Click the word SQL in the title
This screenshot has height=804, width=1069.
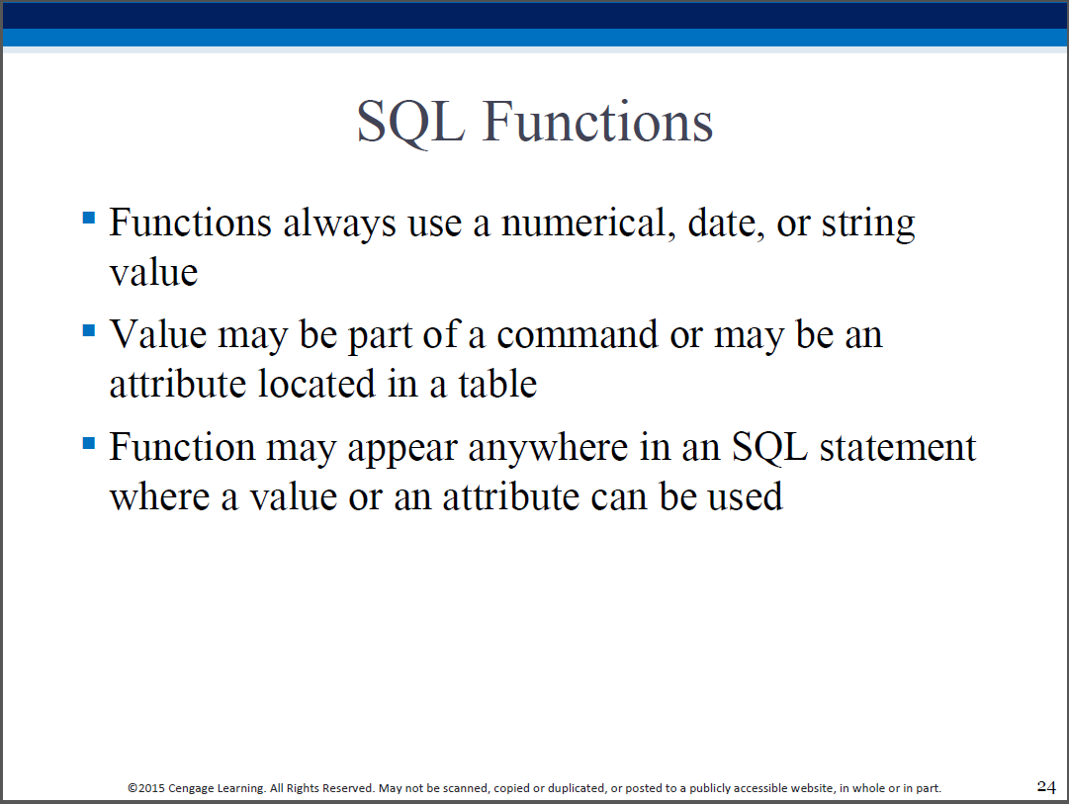click(411, 123)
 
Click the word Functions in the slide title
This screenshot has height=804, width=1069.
click(598, 121)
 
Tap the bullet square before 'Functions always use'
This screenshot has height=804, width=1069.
click(89, 218)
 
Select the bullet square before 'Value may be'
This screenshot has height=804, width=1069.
click(89, 330)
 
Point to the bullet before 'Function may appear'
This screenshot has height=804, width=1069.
click(89, 443)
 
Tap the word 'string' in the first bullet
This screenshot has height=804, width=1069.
click(868, 225)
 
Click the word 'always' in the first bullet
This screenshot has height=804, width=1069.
click(339, 225)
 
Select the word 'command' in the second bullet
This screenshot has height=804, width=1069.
click(578, 335)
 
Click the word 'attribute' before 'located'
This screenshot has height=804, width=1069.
click(178, 384)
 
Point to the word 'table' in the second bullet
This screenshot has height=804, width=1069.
click(497, 384)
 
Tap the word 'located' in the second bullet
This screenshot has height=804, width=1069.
click(317, 384)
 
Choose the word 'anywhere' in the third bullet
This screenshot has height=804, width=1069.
click(548, 449)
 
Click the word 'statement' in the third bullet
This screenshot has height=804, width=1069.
click(898, 447)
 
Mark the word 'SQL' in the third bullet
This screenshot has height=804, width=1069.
click(769, 448)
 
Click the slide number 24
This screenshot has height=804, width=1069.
click(1046, 786)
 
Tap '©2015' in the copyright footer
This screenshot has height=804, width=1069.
click(146, 788)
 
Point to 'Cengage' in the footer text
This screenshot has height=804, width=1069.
click(191, 789)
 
